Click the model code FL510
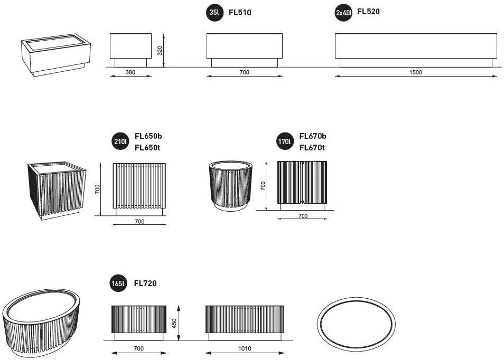click(240, 13)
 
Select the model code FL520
click(368, 12)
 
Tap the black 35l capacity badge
click(214, 13)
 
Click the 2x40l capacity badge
click(343, 13)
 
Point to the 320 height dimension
click(160, 51)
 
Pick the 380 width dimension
click(130, 72)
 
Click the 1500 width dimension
click(415, 72)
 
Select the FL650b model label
click(148, 136)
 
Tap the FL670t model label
click(312, 148)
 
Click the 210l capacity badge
click(120, 141)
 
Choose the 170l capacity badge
click(285, 141)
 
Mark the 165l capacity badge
click(118, 283)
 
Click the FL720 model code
click(145, 283)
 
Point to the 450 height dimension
click(174, 323)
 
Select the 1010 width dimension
click(245, 348)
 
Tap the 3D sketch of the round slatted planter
click(230, 186)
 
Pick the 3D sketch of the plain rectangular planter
click(56, 55)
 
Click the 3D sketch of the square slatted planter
click(57, 191)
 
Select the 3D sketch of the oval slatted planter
click(41, 323)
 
